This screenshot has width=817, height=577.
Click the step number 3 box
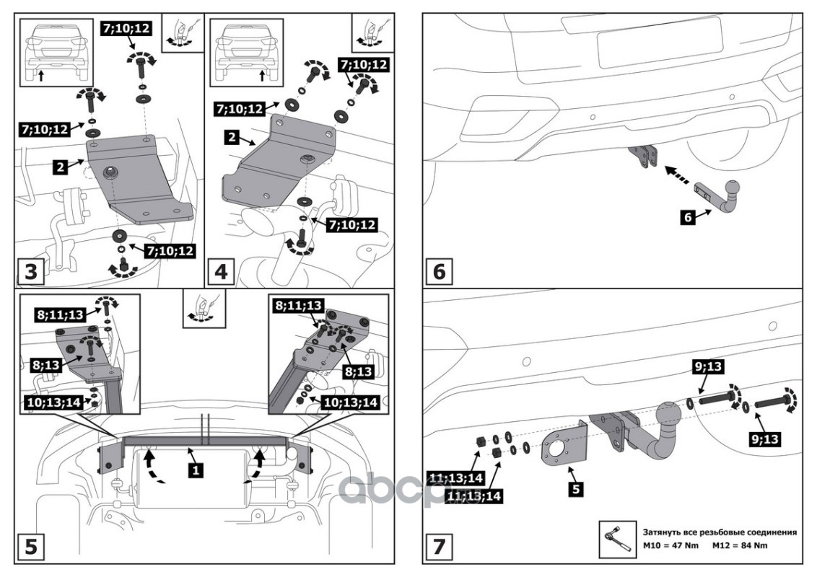(31, 271)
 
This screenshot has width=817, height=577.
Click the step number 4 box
(221, 271)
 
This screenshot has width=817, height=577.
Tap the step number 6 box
(440, 271)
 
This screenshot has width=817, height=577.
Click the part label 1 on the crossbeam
(196, 470)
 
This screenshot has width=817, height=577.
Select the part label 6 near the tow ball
(688, 216)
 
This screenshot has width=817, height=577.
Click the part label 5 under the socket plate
(576, 489)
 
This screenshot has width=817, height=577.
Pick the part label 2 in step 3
(61, 167)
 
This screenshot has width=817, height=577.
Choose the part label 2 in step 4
(232, 138)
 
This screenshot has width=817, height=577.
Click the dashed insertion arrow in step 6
(679, 175)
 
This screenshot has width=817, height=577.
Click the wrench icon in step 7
(618, 539)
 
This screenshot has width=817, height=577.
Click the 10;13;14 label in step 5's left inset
(53, 402)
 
